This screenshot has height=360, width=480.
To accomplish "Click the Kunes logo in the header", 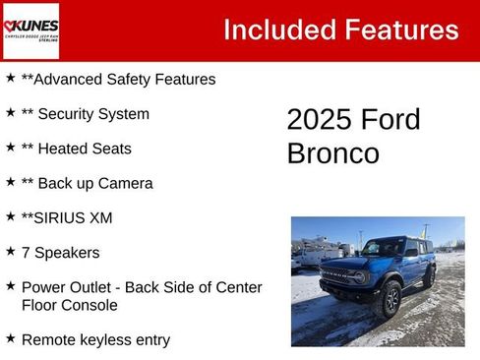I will point(30,30).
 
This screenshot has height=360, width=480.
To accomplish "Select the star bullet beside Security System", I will point(10,112).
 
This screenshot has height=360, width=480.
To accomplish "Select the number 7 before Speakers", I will point(26,253).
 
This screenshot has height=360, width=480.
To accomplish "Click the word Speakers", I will point(67,253).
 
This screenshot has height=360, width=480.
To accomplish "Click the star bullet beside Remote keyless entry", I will point(10,338).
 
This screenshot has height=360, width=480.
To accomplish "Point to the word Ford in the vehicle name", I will point(392,120).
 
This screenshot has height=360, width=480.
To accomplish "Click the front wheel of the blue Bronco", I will point(390,299).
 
